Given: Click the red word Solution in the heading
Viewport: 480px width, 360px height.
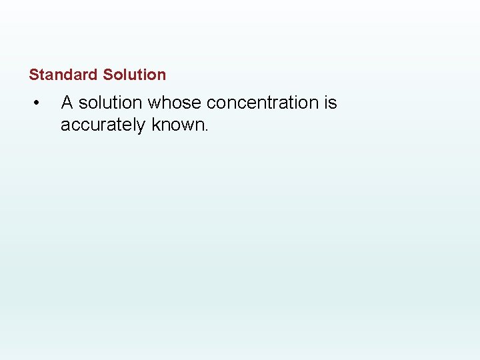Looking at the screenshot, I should click(x=135, y=75).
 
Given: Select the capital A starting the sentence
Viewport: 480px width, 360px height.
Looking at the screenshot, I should click(x=67, y=103).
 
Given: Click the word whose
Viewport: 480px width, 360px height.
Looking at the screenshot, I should click(x=175, y=103).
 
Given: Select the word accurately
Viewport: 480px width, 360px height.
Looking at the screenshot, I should click(x=103, y=125).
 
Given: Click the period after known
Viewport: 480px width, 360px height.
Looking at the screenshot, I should click(x=207, y=129).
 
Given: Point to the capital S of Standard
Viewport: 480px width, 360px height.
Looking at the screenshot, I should click(x=33, y=75).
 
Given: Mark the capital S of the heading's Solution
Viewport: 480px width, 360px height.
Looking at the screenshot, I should click(x=108, y=75).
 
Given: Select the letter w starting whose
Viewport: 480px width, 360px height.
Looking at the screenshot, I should click(x=153, y=103).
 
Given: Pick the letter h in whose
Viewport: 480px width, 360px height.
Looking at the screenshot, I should click(x=165, y=103).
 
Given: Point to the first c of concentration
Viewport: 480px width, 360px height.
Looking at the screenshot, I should click(x=211, y=103).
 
